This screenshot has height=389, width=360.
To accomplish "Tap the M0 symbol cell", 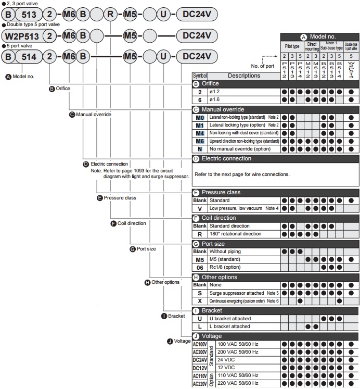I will pos(200,118).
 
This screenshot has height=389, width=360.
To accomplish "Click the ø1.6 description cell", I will pos(243,99).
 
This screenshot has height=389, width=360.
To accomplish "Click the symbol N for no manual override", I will pos(200,149).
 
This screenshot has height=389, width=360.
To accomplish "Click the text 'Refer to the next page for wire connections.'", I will pos(241,174).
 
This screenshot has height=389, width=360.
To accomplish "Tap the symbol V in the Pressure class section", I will pos(200,208).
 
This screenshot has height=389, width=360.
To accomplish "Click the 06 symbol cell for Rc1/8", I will pos(200,267).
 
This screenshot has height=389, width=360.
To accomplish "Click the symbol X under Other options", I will pos(200,301).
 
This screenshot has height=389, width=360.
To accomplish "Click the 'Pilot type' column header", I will pos(291,46).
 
